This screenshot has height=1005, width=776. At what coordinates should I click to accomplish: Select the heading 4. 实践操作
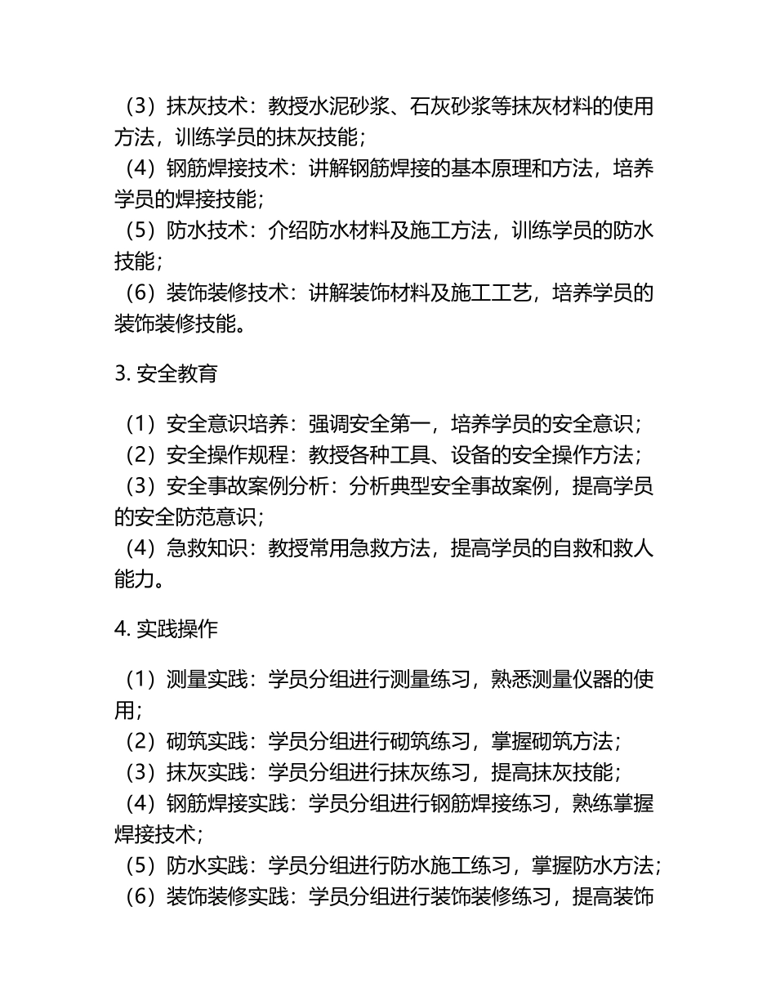click(166, 629)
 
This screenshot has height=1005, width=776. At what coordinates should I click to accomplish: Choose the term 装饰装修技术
click(227, 293)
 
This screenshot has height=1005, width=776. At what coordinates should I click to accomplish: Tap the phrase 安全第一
click(389, 424)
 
